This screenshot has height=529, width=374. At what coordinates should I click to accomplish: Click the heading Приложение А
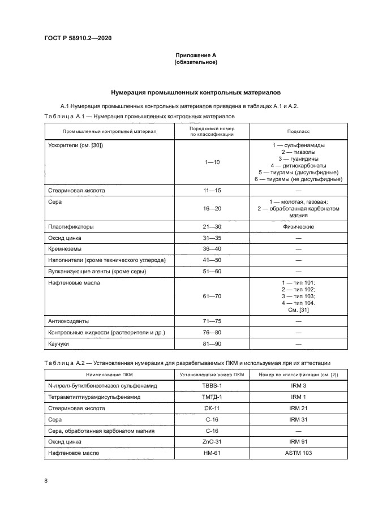(196, 55)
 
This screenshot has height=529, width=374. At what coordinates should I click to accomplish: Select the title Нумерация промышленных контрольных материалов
(196, 92)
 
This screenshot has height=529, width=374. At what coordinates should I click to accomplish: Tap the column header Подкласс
(298, 131)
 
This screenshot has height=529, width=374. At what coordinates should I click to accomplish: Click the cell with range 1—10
(212, 162)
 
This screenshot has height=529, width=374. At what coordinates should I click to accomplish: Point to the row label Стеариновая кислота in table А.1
(76, 191)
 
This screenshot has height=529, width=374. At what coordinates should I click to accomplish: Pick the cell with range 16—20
(212, 208)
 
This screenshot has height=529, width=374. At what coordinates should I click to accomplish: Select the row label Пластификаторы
(71, 227)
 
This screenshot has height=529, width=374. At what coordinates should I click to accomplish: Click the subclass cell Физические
(298, 227)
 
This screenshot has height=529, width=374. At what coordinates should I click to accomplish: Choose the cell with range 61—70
(212, 296)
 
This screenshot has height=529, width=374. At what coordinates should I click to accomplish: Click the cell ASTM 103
(298, 453)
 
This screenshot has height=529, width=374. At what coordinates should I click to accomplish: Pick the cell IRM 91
(298, 442)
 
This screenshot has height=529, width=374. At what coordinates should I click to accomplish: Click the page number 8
(46, 481)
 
